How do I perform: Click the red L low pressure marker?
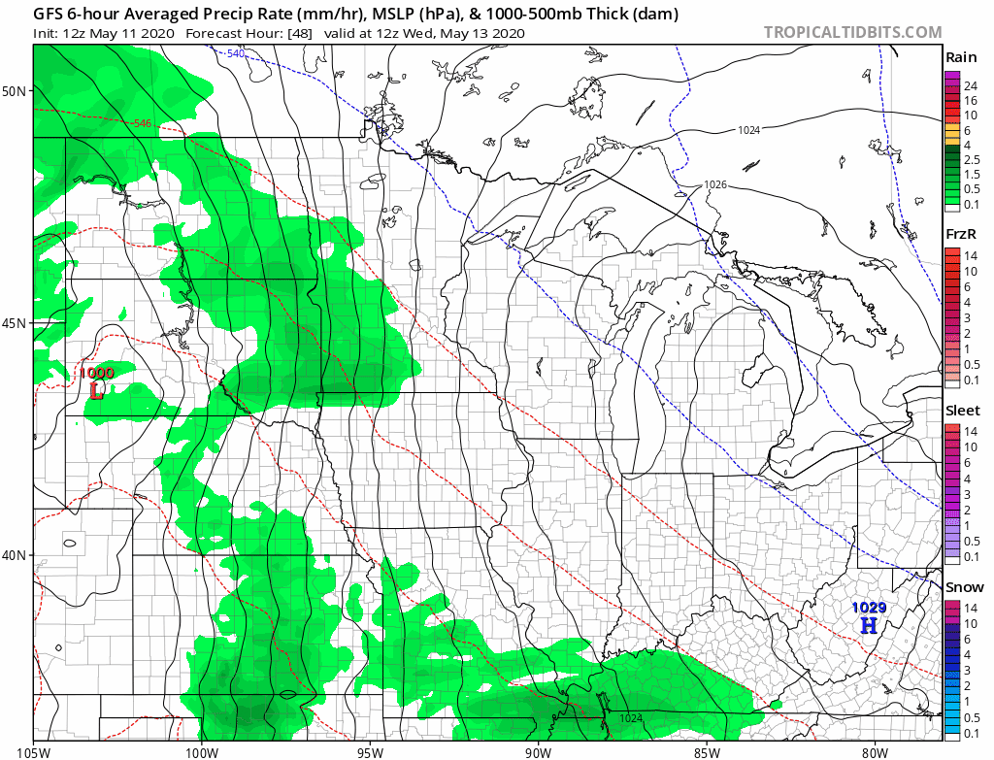pos(96,390)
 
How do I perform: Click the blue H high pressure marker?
pos(869,625)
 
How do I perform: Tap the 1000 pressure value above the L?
pos(96,373)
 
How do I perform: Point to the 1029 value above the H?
pos(869,608)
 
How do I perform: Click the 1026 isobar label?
pos(714,184)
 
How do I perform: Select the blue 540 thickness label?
pos(236,53)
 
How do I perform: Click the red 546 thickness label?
pos(144,123)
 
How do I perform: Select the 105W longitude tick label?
pos(34,751)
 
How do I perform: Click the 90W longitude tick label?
pos(538,751)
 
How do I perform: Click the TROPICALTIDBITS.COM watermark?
pos(852,32)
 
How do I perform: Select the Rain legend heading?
pos(961,58)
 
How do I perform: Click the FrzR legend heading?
pos(961,235)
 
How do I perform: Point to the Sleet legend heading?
pos(963,411)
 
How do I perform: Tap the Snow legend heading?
pos(963,587)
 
